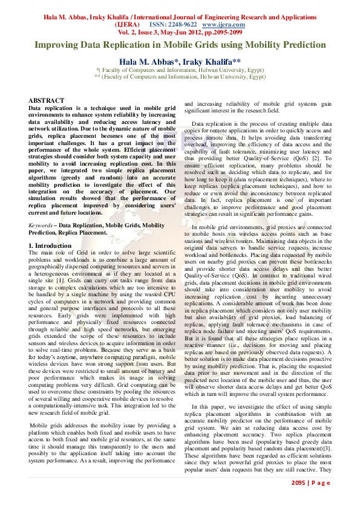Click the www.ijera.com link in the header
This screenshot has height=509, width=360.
point(223,24)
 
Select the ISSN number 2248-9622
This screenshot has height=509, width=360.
point(181,24)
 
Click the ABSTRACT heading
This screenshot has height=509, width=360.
point(47,100)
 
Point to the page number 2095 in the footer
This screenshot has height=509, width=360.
point(298,482)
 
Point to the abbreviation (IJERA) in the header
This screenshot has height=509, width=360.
point(128,24)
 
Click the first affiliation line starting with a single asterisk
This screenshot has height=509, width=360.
point(180,70)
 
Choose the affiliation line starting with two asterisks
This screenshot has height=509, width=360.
point(180,77)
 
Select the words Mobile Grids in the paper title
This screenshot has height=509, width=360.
point(187,45)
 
